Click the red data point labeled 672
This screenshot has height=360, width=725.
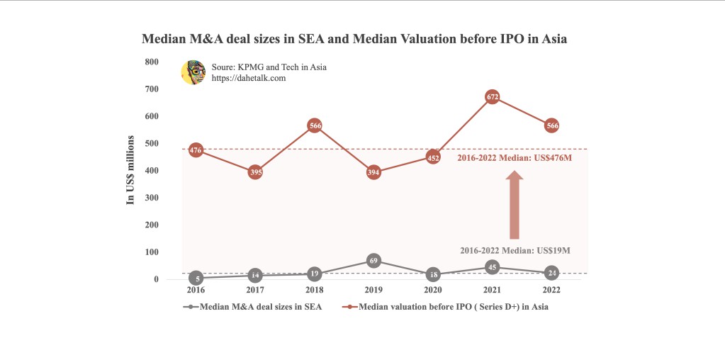click(x=493, y=97)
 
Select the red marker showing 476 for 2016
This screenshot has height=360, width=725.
click(x=196, y=150)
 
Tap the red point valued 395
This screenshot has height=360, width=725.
click(x=256, y=172)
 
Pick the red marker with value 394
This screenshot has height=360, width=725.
click(x=374, y=172)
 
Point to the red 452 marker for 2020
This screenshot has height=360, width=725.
click(x=434, y=157)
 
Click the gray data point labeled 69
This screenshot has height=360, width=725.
click(x=374, y=261)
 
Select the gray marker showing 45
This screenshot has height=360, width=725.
click(x=493, y=267)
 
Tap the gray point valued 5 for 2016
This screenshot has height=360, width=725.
click(x=196, y=279)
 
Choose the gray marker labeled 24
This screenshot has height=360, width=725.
click(x=552, y=273)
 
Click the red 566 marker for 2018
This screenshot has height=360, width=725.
click(x=315, y=125)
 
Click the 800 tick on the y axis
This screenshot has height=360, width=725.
click(x=152, y=62)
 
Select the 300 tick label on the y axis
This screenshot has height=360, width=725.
click(x=152, y=198)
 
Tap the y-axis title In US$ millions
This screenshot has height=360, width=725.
click(x=130, y=170)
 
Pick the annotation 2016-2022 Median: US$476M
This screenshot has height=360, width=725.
click(x=515, y=157)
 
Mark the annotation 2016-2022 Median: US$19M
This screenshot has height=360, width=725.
click(x=515, y=251)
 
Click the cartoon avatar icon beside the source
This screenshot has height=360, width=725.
click(x=193, y=72)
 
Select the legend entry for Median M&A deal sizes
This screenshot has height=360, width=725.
click(x=253, y=307)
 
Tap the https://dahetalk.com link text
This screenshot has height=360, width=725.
click(x=248, y=78)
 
